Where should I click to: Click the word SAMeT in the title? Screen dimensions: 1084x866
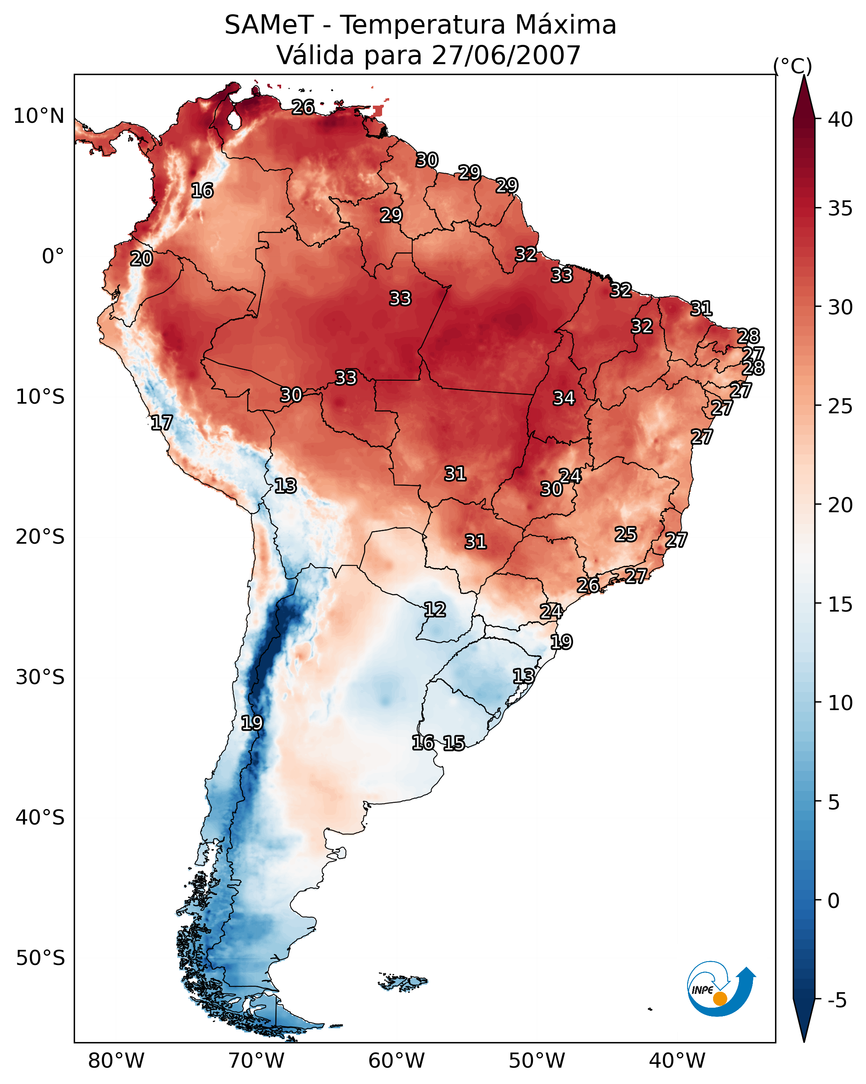[269, 25]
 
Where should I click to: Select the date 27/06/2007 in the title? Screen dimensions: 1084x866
[506, 55]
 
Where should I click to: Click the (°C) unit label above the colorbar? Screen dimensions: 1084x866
[792, 66]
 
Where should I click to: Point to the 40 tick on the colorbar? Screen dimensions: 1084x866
[840, 119]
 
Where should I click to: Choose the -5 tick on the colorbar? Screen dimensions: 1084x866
[837, 1001]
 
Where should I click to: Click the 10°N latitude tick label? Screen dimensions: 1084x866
[39, 116]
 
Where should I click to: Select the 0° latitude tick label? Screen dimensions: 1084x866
[53, 257]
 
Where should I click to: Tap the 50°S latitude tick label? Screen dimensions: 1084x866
[40, 958]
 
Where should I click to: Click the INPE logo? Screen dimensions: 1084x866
[720, 991]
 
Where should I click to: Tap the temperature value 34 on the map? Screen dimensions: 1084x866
[564, 398]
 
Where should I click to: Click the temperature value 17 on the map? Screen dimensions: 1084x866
[162, 423]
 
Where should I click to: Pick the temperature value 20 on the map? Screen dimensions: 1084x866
[141, 259]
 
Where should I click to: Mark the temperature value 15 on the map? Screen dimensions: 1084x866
[454, 743]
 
